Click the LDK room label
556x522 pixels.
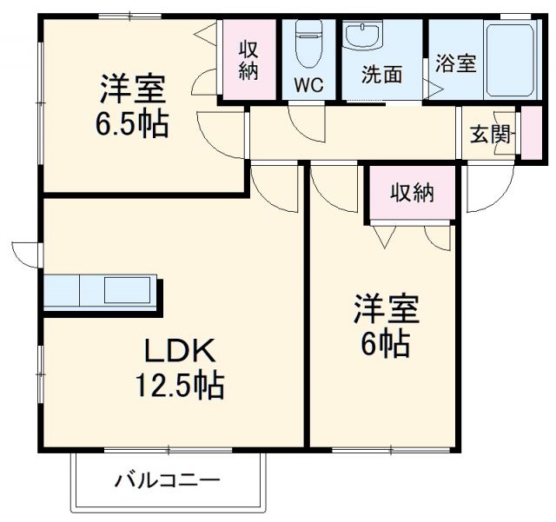[180, 351]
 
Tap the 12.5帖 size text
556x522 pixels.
[178, 383]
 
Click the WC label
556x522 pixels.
[308, 86]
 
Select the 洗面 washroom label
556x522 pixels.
[382, 76]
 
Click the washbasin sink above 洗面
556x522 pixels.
[360, 37]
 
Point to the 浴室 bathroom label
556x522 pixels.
[455, 63]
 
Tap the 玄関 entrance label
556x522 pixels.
[492, 135]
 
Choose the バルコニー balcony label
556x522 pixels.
[167, 480]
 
